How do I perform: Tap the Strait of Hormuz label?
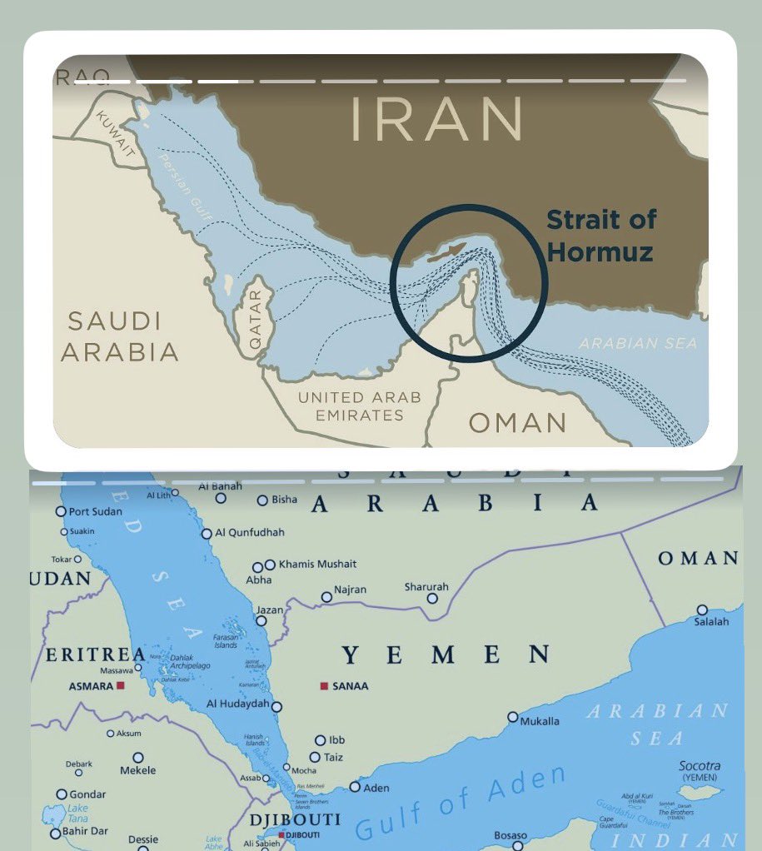point(601,235)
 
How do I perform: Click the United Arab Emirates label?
point(359,406)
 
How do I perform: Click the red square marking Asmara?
point(121,686)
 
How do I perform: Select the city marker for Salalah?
point(702,610)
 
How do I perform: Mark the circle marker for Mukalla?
point(513,717)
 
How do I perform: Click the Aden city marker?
point(355,787)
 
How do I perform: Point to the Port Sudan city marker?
point(61,511)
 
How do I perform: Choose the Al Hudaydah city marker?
point(276,706)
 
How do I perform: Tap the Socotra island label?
point(700,766)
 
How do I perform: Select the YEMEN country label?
point(445,655)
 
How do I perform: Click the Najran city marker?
point(326,597)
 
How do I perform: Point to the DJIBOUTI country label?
point(295,820)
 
